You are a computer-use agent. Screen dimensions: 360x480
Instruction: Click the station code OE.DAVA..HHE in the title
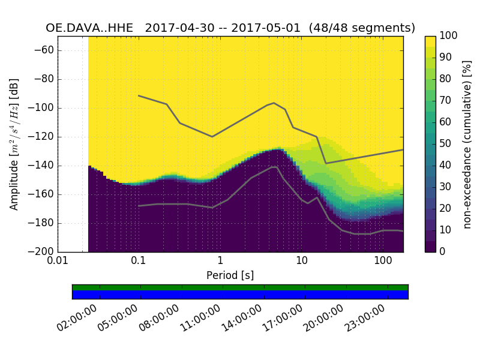click(x=92, y=28)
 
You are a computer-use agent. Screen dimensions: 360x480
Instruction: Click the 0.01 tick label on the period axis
click(x=58, y=262)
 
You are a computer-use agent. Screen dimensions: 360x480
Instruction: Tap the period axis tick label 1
click(x=220, y=262)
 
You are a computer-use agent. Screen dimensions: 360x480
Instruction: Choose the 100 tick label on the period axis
click(x=383, y=262)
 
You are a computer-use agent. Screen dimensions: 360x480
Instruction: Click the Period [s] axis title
click(x=230, y=275)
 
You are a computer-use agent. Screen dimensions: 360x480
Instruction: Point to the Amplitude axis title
click(x=14, y=144)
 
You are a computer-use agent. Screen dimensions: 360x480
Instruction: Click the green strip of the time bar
click(x=240, y=287)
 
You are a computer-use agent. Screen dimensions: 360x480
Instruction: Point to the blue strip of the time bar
click(x=240, y=295)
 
